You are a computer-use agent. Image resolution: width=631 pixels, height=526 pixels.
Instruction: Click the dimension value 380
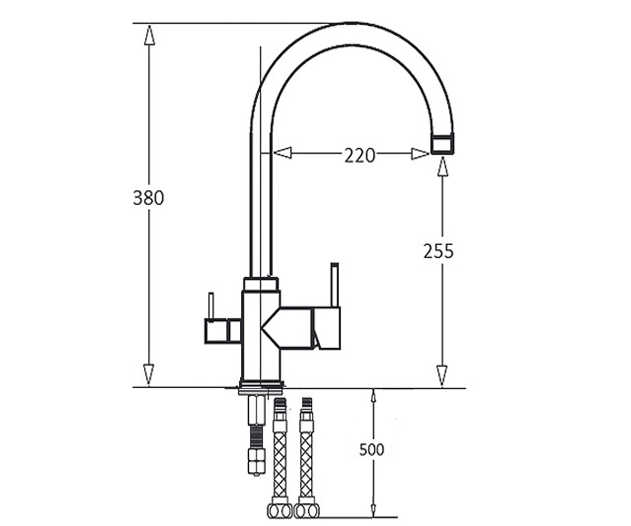pyautogui.click(x=148, y=198)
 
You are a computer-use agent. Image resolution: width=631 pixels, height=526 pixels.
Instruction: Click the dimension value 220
pyautogui.click(x=360, y=155)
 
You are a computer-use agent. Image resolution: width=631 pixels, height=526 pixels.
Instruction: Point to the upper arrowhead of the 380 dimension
pyautogui.click(x=149, y=35)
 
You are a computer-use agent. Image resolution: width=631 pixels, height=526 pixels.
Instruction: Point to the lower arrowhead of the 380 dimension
pyautogui.click(x=148, y=375)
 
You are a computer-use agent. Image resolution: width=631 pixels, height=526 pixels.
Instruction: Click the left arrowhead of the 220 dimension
pyautogui.click(x=282, y=153)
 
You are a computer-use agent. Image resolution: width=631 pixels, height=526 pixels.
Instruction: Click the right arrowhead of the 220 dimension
pyautogui.click(x=420, y=154)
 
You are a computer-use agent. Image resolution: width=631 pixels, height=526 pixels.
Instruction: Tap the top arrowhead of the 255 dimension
pyautogui.click(x=443, y=166)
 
